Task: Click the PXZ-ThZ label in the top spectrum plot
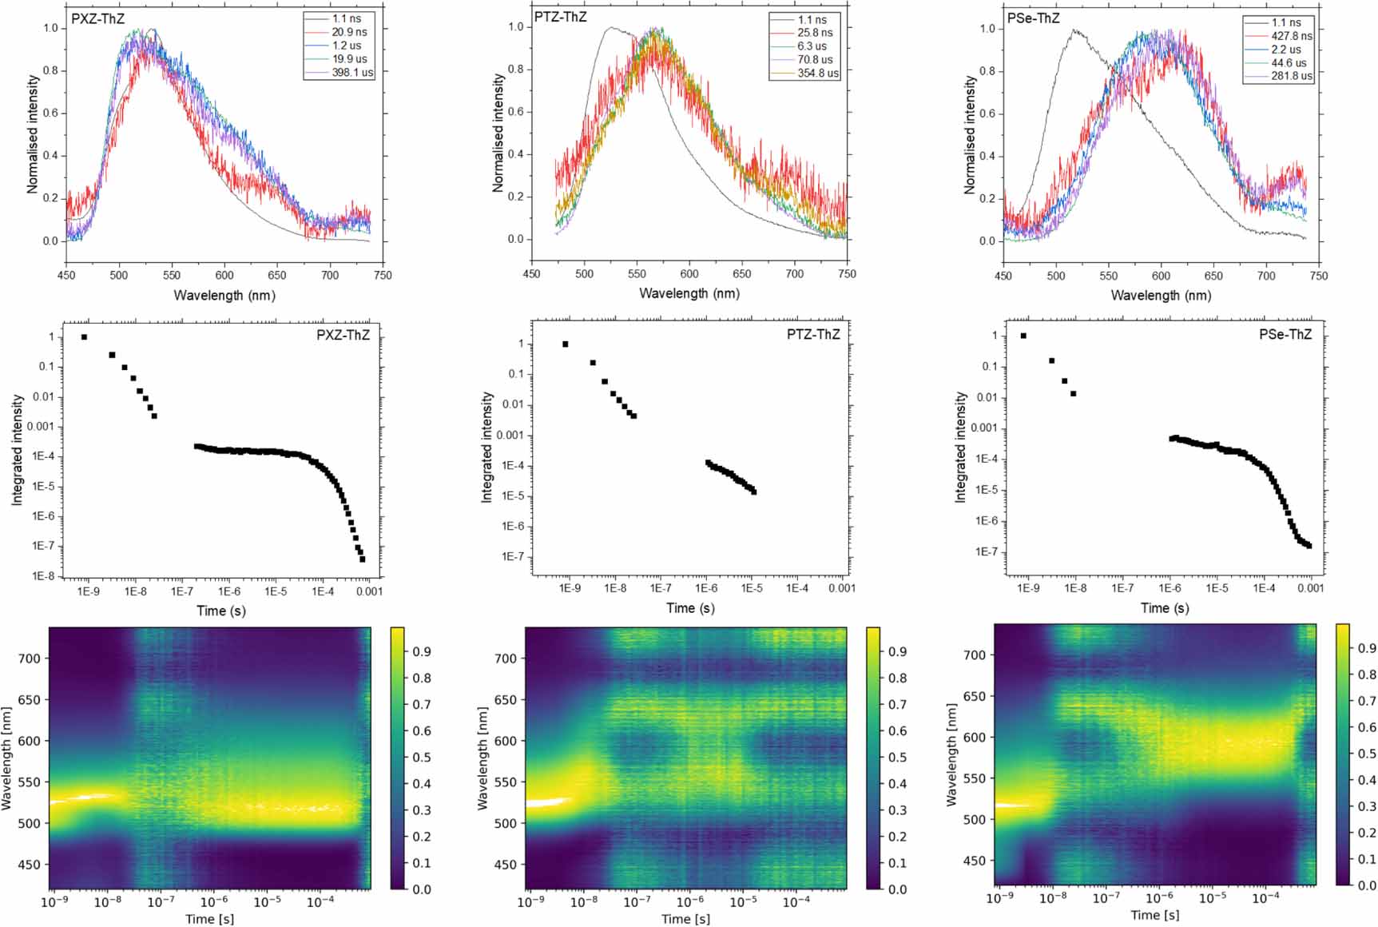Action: click(x=97, y=18)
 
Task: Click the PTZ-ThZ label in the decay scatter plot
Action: click(x=813, y=335)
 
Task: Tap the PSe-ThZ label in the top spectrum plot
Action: click(x=1033, y=18)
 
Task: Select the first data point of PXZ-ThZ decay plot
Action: click(x=84, y=337)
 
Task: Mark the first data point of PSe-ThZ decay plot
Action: click(x=1023, y=336)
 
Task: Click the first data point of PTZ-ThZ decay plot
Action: click(x=566, y=344)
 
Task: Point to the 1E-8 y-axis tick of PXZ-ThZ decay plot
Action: click(x=43, y=576)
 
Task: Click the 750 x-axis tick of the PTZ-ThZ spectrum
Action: click(x=848, y=274)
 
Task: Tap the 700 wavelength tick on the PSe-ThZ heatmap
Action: click(x=974, y=654)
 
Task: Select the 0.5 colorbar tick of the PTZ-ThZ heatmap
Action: click(x=898, y=757)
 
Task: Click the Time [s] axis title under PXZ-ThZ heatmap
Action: click(x=209, y=919)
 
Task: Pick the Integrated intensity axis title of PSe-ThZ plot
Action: click(x=960, y=448)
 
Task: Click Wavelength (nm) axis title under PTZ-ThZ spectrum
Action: click(x=689, y=293)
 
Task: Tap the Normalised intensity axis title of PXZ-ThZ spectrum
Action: click(x=33, y=134)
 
